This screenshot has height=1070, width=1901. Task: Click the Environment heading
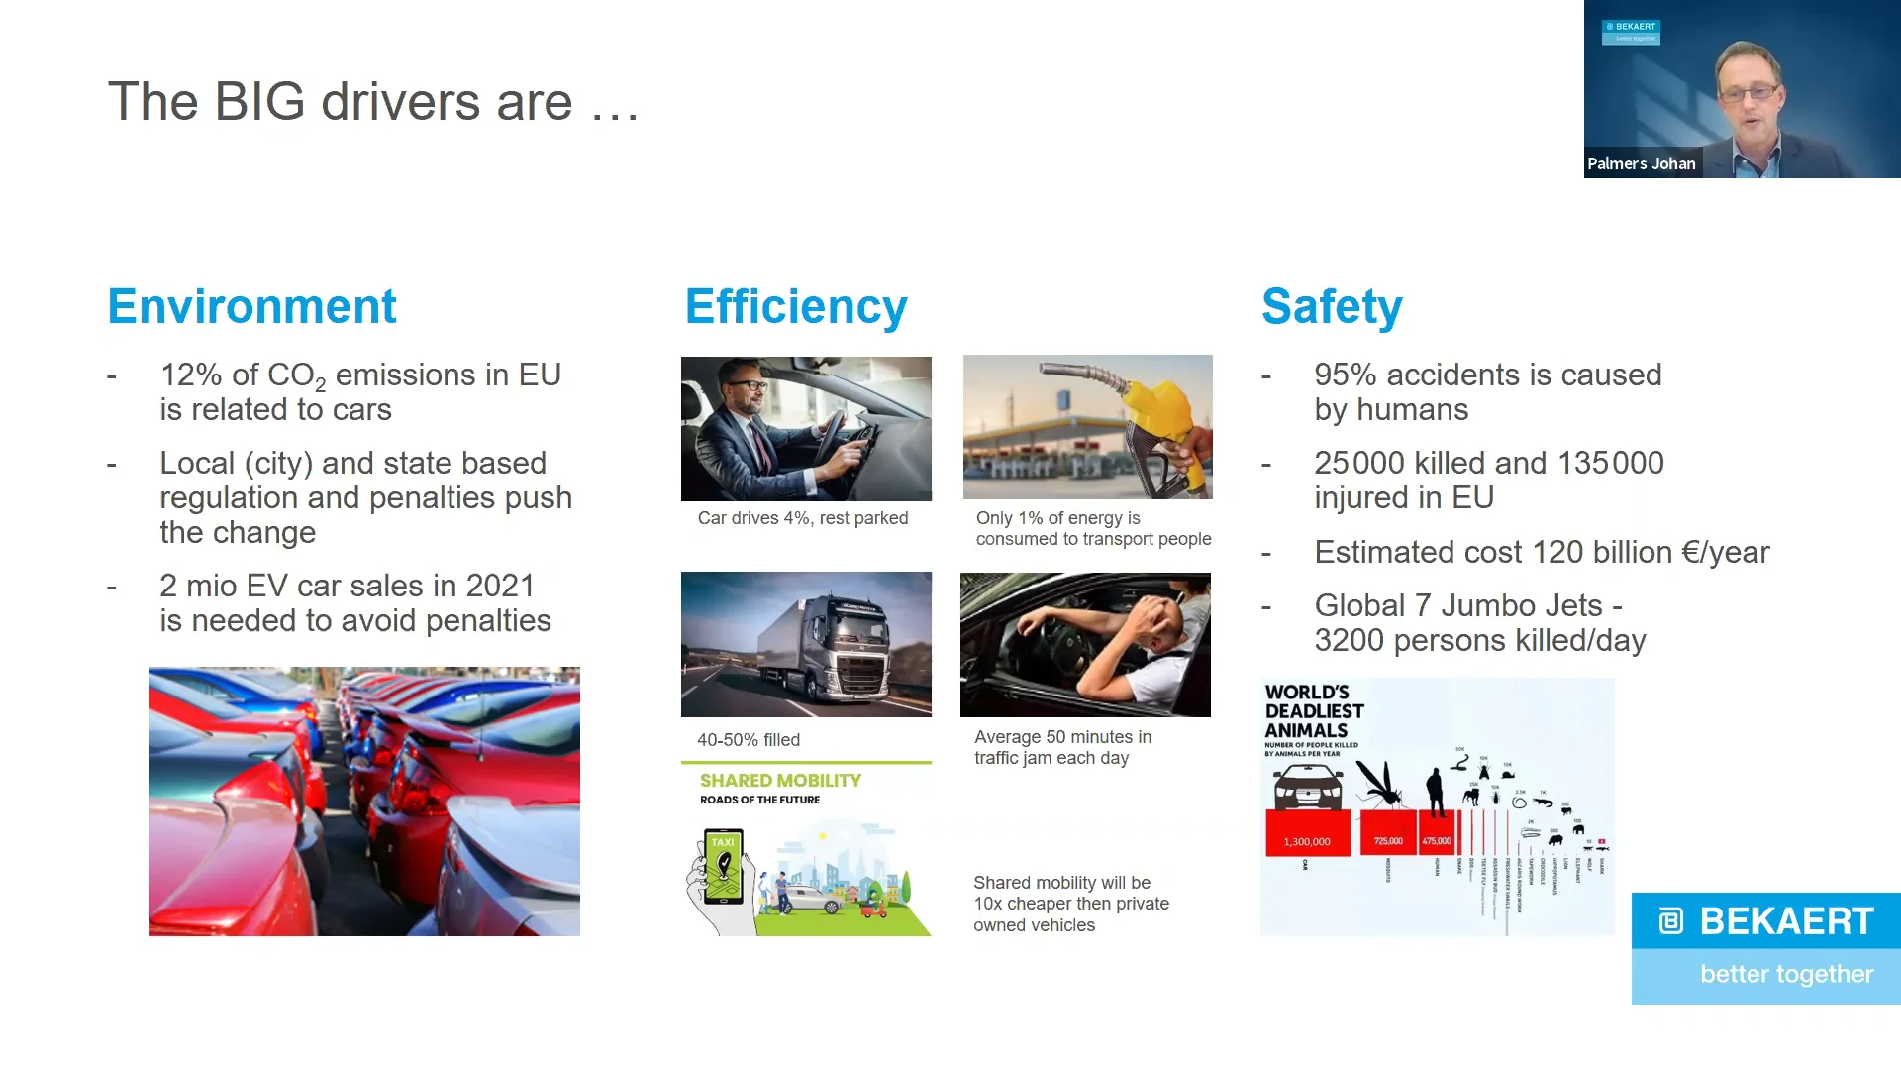(251, 306)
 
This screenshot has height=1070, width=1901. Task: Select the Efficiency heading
(796, 307)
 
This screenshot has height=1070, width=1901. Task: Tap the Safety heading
(1332, 307)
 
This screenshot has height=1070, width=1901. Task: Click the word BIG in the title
(259, 102)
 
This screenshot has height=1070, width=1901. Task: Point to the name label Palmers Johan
(1641, 164)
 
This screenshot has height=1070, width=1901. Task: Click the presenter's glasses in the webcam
(1749, 93)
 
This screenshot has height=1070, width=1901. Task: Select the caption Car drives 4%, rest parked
(802, 518)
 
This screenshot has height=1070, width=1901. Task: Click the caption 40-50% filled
(748, 740)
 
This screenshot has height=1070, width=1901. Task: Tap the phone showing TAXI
(723, 867)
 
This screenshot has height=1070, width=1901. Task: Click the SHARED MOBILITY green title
(780, 781)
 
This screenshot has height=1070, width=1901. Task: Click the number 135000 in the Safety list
(1610, 464)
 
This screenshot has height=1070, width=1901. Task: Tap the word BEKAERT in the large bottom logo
(1786, 921)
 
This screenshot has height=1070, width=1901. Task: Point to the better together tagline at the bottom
(1786, 975)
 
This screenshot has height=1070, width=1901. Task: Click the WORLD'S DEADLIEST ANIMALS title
(1314, 711)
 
